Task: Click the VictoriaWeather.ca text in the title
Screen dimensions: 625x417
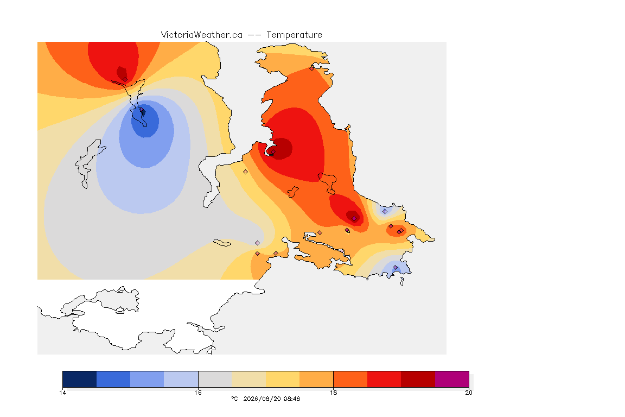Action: (202, 35)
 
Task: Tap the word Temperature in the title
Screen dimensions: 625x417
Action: (294, 35)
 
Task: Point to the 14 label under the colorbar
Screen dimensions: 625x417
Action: (62, 393)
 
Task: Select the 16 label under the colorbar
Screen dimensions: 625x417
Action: (198, 393)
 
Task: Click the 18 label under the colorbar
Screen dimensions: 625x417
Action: (333, 393)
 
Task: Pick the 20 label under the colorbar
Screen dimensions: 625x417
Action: (469, 393)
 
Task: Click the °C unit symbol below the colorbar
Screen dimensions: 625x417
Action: (234, 399)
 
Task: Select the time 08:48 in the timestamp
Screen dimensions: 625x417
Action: (292, 399)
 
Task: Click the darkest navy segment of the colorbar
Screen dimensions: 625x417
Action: (80, 379)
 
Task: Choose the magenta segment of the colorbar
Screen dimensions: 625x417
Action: (452, 379)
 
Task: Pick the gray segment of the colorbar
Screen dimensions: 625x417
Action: (215, 379)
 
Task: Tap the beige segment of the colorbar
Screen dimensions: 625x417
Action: (248, 379)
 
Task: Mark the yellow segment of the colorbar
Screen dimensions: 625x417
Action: (283, 379)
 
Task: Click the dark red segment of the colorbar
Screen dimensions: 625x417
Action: (418, 379)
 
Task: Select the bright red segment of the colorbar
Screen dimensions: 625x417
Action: (384, 379)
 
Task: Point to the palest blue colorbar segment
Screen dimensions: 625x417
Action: (181, 379)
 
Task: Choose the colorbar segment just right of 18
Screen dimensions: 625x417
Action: (350, 379)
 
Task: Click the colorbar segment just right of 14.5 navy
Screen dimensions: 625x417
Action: (113, 379)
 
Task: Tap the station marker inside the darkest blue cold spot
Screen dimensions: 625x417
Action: (141, 109)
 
